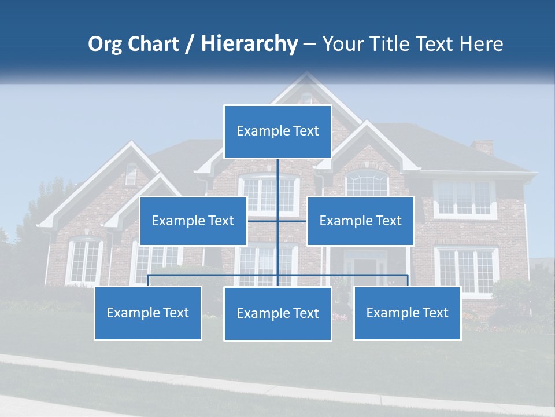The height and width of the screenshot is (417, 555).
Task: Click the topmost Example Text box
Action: [277, 131]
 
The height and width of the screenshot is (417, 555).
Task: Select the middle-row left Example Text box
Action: [193, 221]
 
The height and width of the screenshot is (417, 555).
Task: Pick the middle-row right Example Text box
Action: [360, 221]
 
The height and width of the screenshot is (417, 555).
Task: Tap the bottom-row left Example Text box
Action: [148, 313]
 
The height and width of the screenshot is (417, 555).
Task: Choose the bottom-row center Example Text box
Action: [277, 313]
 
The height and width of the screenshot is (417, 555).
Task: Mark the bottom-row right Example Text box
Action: [407, 313]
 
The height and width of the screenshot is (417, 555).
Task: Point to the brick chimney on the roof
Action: [482, 147]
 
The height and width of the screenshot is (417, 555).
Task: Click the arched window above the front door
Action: [367, 184]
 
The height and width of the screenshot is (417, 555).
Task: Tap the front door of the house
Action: [364, 270]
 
